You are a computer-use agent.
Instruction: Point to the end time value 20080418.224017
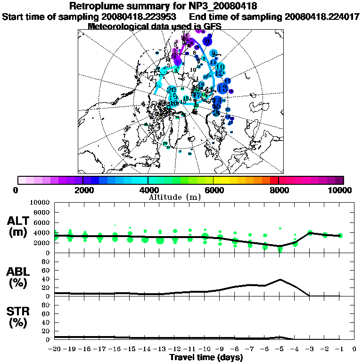[x=322, y=16]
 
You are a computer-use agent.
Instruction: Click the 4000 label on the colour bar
[x=148, y=190]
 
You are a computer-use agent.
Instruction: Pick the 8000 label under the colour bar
[x=279, y=190]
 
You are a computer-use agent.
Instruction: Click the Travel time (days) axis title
[x=206, y=358]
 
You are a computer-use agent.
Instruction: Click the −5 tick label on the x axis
[x=280, y=349]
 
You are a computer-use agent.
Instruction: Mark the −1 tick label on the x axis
[x=340, y=349]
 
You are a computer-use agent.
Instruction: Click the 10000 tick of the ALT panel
[x=40, y=202]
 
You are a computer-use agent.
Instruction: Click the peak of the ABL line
[x=280, y=279]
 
